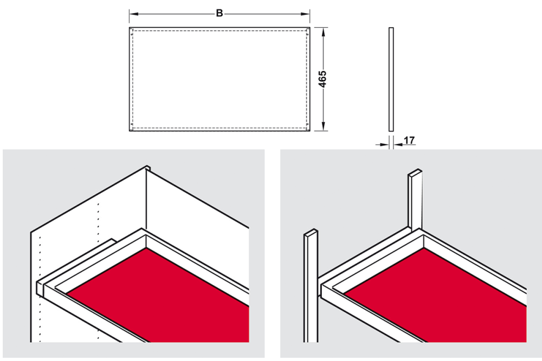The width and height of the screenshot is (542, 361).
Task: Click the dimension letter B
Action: click(219, 14)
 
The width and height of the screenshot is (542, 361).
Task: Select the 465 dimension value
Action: click(322, 79)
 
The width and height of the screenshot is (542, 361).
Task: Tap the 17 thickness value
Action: click(409, 141)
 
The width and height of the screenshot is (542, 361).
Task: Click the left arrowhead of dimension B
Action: click(134, 14)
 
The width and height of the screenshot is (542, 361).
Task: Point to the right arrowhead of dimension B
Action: click(305, 14)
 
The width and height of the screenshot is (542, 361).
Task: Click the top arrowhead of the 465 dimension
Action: click(323, 32)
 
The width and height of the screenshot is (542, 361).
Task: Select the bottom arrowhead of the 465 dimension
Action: click(323, 126)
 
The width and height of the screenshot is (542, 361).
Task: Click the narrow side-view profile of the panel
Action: click(391, 79)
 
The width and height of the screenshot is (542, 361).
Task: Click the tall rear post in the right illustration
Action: click(415, 200)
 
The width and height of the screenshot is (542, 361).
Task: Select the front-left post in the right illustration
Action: click(311, 286)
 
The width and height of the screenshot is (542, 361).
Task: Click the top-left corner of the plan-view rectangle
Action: click(130, 27)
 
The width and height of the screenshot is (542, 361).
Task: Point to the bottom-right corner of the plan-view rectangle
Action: click(309, 131)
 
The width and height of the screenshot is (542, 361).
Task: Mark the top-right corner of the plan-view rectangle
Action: click(309, 27)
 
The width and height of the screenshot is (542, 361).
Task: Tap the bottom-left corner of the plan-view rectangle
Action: click(130, 131)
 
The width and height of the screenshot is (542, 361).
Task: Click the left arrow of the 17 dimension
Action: click(382, 145)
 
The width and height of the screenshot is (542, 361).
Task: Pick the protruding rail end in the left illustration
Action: click(40, 287)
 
